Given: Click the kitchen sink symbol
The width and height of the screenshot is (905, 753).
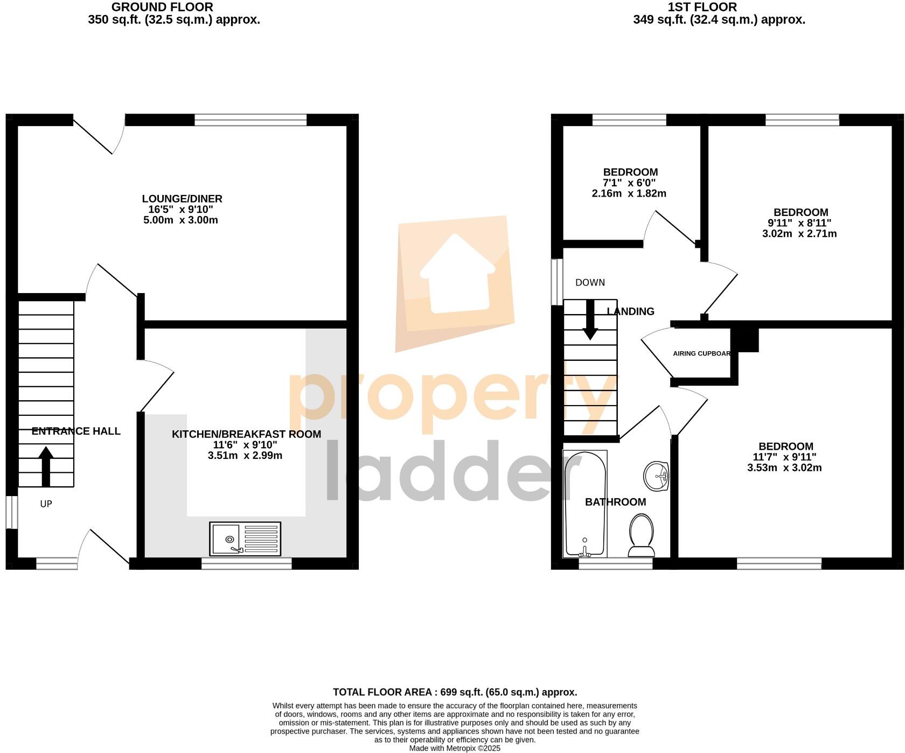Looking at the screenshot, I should tap(246, 539).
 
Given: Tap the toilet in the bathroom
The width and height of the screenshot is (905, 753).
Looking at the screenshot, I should tap(641, 535).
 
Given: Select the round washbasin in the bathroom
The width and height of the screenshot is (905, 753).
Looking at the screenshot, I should tap(656, 476).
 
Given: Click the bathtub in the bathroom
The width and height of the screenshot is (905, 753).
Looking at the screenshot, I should tap(584, 504).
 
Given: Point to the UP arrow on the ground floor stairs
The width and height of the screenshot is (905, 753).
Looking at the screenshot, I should tap(46, 466).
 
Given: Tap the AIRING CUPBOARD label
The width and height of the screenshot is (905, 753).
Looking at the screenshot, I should tap(701, 354).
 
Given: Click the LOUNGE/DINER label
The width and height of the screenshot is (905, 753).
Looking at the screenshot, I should tap(182, 199).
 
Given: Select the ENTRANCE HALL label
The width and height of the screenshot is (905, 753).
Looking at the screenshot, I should tap(76, 431).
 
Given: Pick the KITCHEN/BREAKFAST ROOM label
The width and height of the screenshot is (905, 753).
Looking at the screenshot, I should tap(246, 434).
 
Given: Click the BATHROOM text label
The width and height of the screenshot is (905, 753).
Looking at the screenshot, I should tap(615, 502).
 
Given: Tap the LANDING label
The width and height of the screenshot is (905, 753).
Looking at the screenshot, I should tap(630, 311).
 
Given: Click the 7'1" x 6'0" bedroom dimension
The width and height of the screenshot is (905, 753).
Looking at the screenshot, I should tap(629, 183).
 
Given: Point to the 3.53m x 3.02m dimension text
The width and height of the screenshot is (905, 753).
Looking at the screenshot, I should tap(784, 468).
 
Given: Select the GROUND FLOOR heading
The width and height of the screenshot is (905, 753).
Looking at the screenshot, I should tap(162, 7).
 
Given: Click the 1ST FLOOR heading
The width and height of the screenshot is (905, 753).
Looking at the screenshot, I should tap(702, 7).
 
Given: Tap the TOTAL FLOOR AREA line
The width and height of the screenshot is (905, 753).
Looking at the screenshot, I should tap(455, 692).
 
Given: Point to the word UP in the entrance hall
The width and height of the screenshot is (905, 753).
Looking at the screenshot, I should tap(46, 504).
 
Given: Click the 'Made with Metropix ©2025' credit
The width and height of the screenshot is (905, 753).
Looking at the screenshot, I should tap(455, 748).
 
